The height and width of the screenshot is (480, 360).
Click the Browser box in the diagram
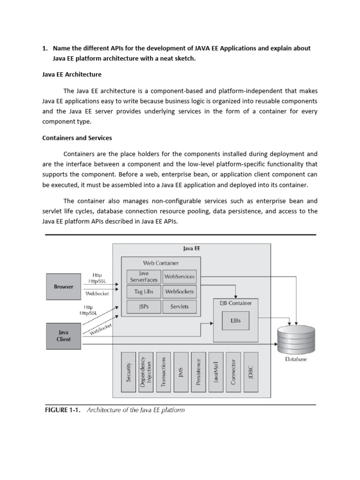click(64, 286)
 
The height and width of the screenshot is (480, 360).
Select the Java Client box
click(64, 336)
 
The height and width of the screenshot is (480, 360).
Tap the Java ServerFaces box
click(143, 277)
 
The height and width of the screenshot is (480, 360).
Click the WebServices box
click(180, 277)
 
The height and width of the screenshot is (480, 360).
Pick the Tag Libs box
click(143, 292)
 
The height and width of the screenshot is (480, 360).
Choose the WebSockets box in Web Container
click(180, 292)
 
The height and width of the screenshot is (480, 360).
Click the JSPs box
click(143, 307)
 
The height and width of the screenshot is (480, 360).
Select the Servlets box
click(180, 307)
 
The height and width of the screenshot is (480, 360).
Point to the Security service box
click(129, 372)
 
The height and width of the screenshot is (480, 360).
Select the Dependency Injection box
click(146, 372)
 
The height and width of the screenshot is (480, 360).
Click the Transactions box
click(163, 372)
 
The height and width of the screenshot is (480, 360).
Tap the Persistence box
click(198, 372)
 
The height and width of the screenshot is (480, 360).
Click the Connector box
click(233, 372)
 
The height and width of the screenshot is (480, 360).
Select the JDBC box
click(251, 372)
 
